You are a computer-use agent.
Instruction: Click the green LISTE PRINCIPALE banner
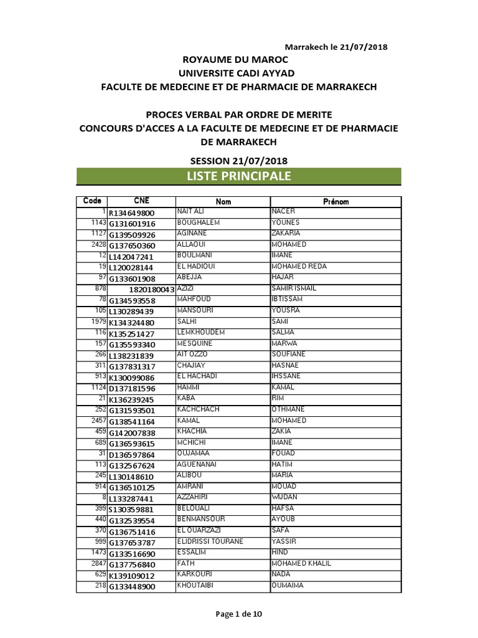click(x=238, y=176)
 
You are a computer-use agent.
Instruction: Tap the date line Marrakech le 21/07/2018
click(x=339, y=47)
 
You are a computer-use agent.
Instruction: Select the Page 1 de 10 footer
click(x=238, y=614)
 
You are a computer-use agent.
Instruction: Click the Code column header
click(x=91, y=201)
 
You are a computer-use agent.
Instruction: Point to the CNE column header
click(x=141, y=201)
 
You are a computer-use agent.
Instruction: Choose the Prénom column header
click(x=335, y=201)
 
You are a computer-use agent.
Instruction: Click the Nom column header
click(x=223, y=201)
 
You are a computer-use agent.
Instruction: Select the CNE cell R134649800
click(x=131, y=212)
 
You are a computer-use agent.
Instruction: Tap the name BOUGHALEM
click(x=199, y=222)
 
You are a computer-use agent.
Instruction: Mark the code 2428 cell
click(x=99, y=245)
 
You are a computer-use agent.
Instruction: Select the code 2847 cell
click(x=99, y=563)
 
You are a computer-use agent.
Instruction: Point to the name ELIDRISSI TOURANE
click(x=210, y=541)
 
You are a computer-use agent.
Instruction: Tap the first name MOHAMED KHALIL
click(x=301, y=563)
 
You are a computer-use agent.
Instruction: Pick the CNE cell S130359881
click(x=132, y=509)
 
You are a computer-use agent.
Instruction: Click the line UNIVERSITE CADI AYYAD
click(x=238, y=73)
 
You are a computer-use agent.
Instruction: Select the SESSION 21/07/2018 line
click(x=238, y=160)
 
